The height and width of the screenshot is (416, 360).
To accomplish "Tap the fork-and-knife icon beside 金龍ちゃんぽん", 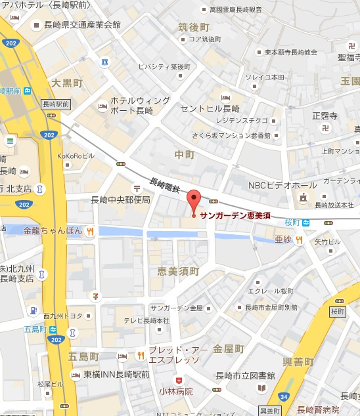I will coord(89,231).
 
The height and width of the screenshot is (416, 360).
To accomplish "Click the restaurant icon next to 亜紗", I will coord(299,239).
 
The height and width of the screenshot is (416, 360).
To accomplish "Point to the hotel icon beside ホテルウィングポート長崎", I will coord(102,106).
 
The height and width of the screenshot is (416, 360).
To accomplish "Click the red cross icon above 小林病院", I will coord(177,380).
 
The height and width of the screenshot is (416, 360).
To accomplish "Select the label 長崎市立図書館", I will coord(245,375).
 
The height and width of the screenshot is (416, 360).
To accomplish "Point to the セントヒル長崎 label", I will coord(209,108).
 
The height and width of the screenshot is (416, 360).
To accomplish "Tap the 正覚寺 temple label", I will coord(325,116).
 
